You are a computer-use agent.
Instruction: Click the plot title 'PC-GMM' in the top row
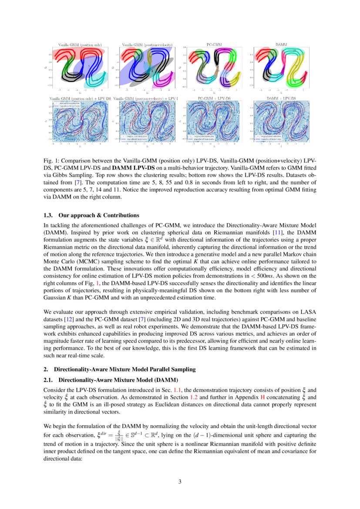(213, 44)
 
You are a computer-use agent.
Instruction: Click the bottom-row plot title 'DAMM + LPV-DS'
(281, 99)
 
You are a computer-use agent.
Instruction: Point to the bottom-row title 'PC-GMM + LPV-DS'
(213, 99)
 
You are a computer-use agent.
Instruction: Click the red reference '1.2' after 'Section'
(195, 398)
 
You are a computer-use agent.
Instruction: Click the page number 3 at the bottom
(180, 481)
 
